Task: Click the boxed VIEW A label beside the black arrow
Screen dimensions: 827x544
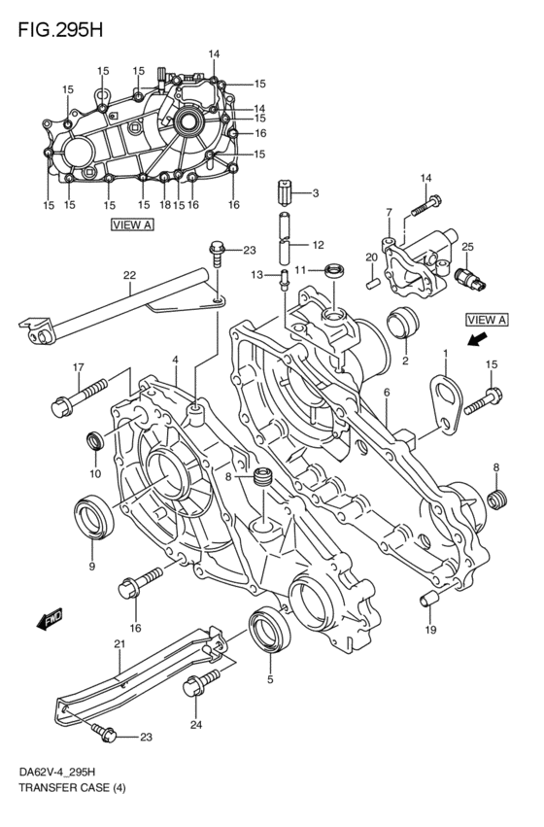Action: point(487,320)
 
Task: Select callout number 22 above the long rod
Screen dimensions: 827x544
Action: point(129,275)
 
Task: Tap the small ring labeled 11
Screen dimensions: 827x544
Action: point(334,269)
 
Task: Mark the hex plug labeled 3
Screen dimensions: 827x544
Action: point(284,193)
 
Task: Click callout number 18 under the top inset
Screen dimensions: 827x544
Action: point(164,205)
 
